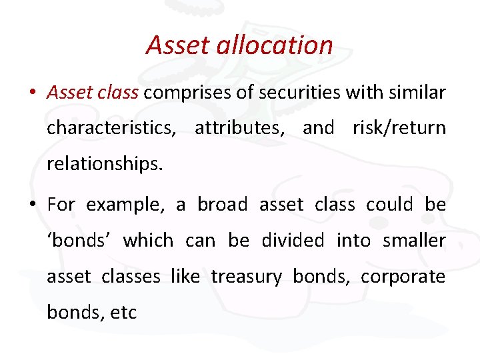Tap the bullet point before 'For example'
pos(33,205)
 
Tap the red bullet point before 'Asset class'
pos(33,93)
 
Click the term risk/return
pos(399,127)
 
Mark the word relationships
pos(104,163)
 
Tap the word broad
pos(223,205)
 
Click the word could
pos(389,205)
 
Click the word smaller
pos(414,240)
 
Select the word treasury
pos(246,276)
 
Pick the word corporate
pos(403,276)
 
